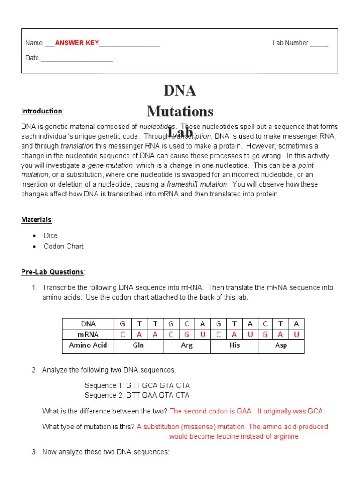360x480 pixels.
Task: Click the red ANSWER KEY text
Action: [x=77, y=43]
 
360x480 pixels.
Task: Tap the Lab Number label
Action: [x=290, y=43]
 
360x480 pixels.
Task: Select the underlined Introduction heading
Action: [x=42, y=111]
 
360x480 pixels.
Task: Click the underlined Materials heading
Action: [x=37, y=219]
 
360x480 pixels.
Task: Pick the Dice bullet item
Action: [x=51, y=236]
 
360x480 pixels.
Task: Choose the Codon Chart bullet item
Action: [x=64, y=246]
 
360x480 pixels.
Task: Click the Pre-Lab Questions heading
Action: [x=52, y=272]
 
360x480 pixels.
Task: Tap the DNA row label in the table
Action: [x=88, y=323]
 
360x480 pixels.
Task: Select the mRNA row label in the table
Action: [x=88, y=334]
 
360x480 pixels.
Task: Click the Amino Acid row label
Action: [x=88, y=345]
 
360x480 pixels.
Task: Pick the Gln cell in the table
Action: [x=138, y=345]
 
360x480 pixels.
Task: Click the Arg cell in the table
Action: [x=187, y=345]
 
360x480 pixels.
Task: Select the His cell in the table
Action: [x=234, y=345]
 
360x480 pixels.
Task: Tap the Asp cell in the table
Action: [x=281, y=345]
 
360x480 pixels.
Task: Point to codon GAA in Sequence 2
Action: [x=150, y=395]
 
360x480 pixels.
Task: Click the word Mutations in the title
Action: [x=180, y=112]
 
